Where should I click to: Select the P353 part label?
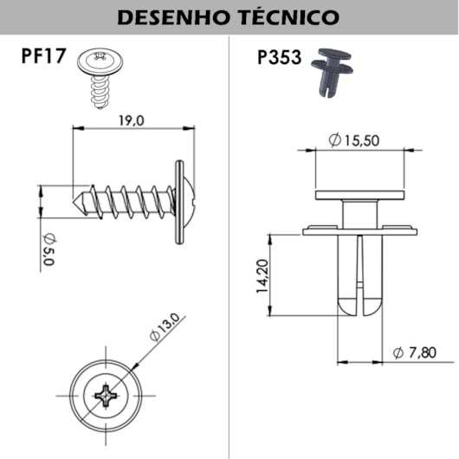pos(278,58)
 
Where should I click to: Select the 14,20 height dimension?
pos(261,276)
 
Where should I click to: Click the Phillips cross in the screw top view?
pos(107,396)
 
